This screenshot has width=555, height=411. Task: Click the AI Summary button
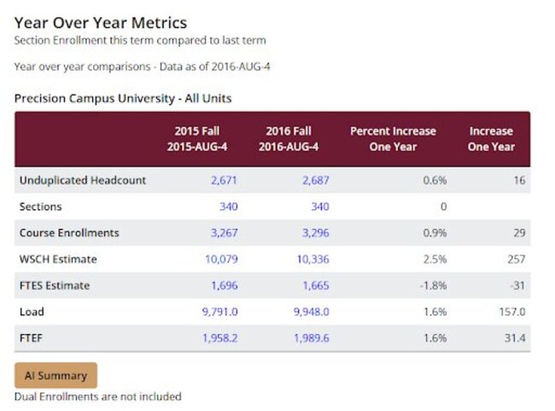click(x=55, y=375)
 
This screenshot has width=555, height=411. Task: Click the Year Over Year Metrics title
click(x=100, y=23)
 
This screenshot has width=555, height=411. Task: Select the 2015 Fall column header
click(x=203, y=138)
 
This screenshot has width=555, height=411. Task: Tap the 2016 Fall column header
click(x=292, y=138)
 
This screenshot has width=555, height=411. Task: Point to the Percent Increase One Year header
click(x=393, y=138)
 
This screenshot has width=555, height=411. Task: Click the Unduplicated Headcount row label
click(x=82, y=180)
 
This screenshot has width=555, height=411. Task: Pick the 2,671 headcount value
click(x=224, y=180)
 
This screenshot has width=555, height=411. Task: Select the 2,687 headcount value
click(x=314, y=180)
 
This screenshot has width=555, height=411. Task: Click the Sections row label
click(x=40, y=207)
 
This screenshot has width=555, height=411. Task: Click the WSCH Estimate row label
click(x=57, y=259)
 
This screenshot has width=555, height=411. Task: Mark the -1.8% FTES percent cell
click(x=432, y=285)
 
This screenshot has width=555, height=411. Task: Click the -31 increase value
click(x=516, y=285)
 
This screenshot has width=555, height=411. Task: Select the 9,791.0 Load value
click(x=219, y=312)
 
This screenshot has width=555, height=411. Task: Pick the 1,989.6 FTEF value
click(x=309, y=338)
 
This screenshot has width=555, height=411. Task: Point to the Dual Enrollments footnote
click(x=97, y=396)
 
